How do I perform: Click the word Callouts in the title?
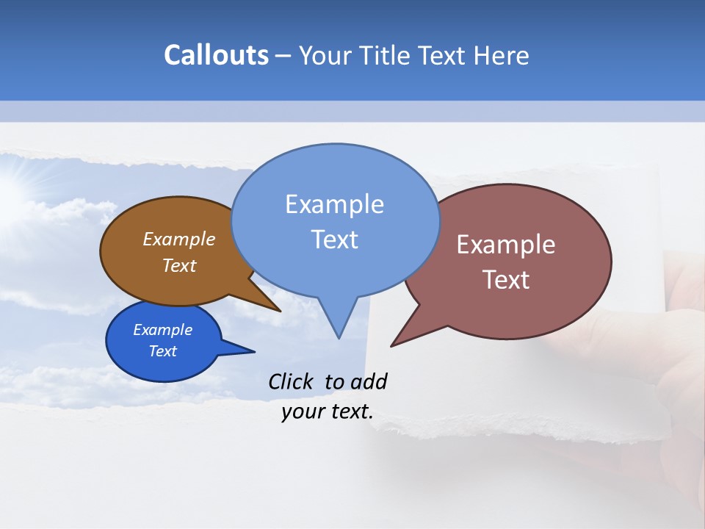point(216,55)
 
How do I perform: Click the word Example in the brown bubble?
point(179,239)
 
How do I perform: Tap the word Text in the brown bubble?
point(179,265)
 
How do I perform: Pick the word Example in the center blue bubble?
point(334,204)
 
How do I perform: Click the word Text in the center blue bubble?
point(334,240)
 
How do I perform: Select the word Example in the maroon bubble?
point(506,245)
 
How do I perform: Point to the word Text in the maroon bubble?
point(506,279)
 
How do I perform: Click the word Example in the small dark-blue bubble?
point(162,330)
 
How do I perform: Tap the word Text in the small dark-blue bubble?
point(162,351)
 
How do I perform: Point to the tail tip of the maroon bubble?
point(392,345)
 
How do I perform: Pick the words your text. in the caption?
point(328,411)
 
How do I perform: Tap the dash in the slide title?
point(283,56)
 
